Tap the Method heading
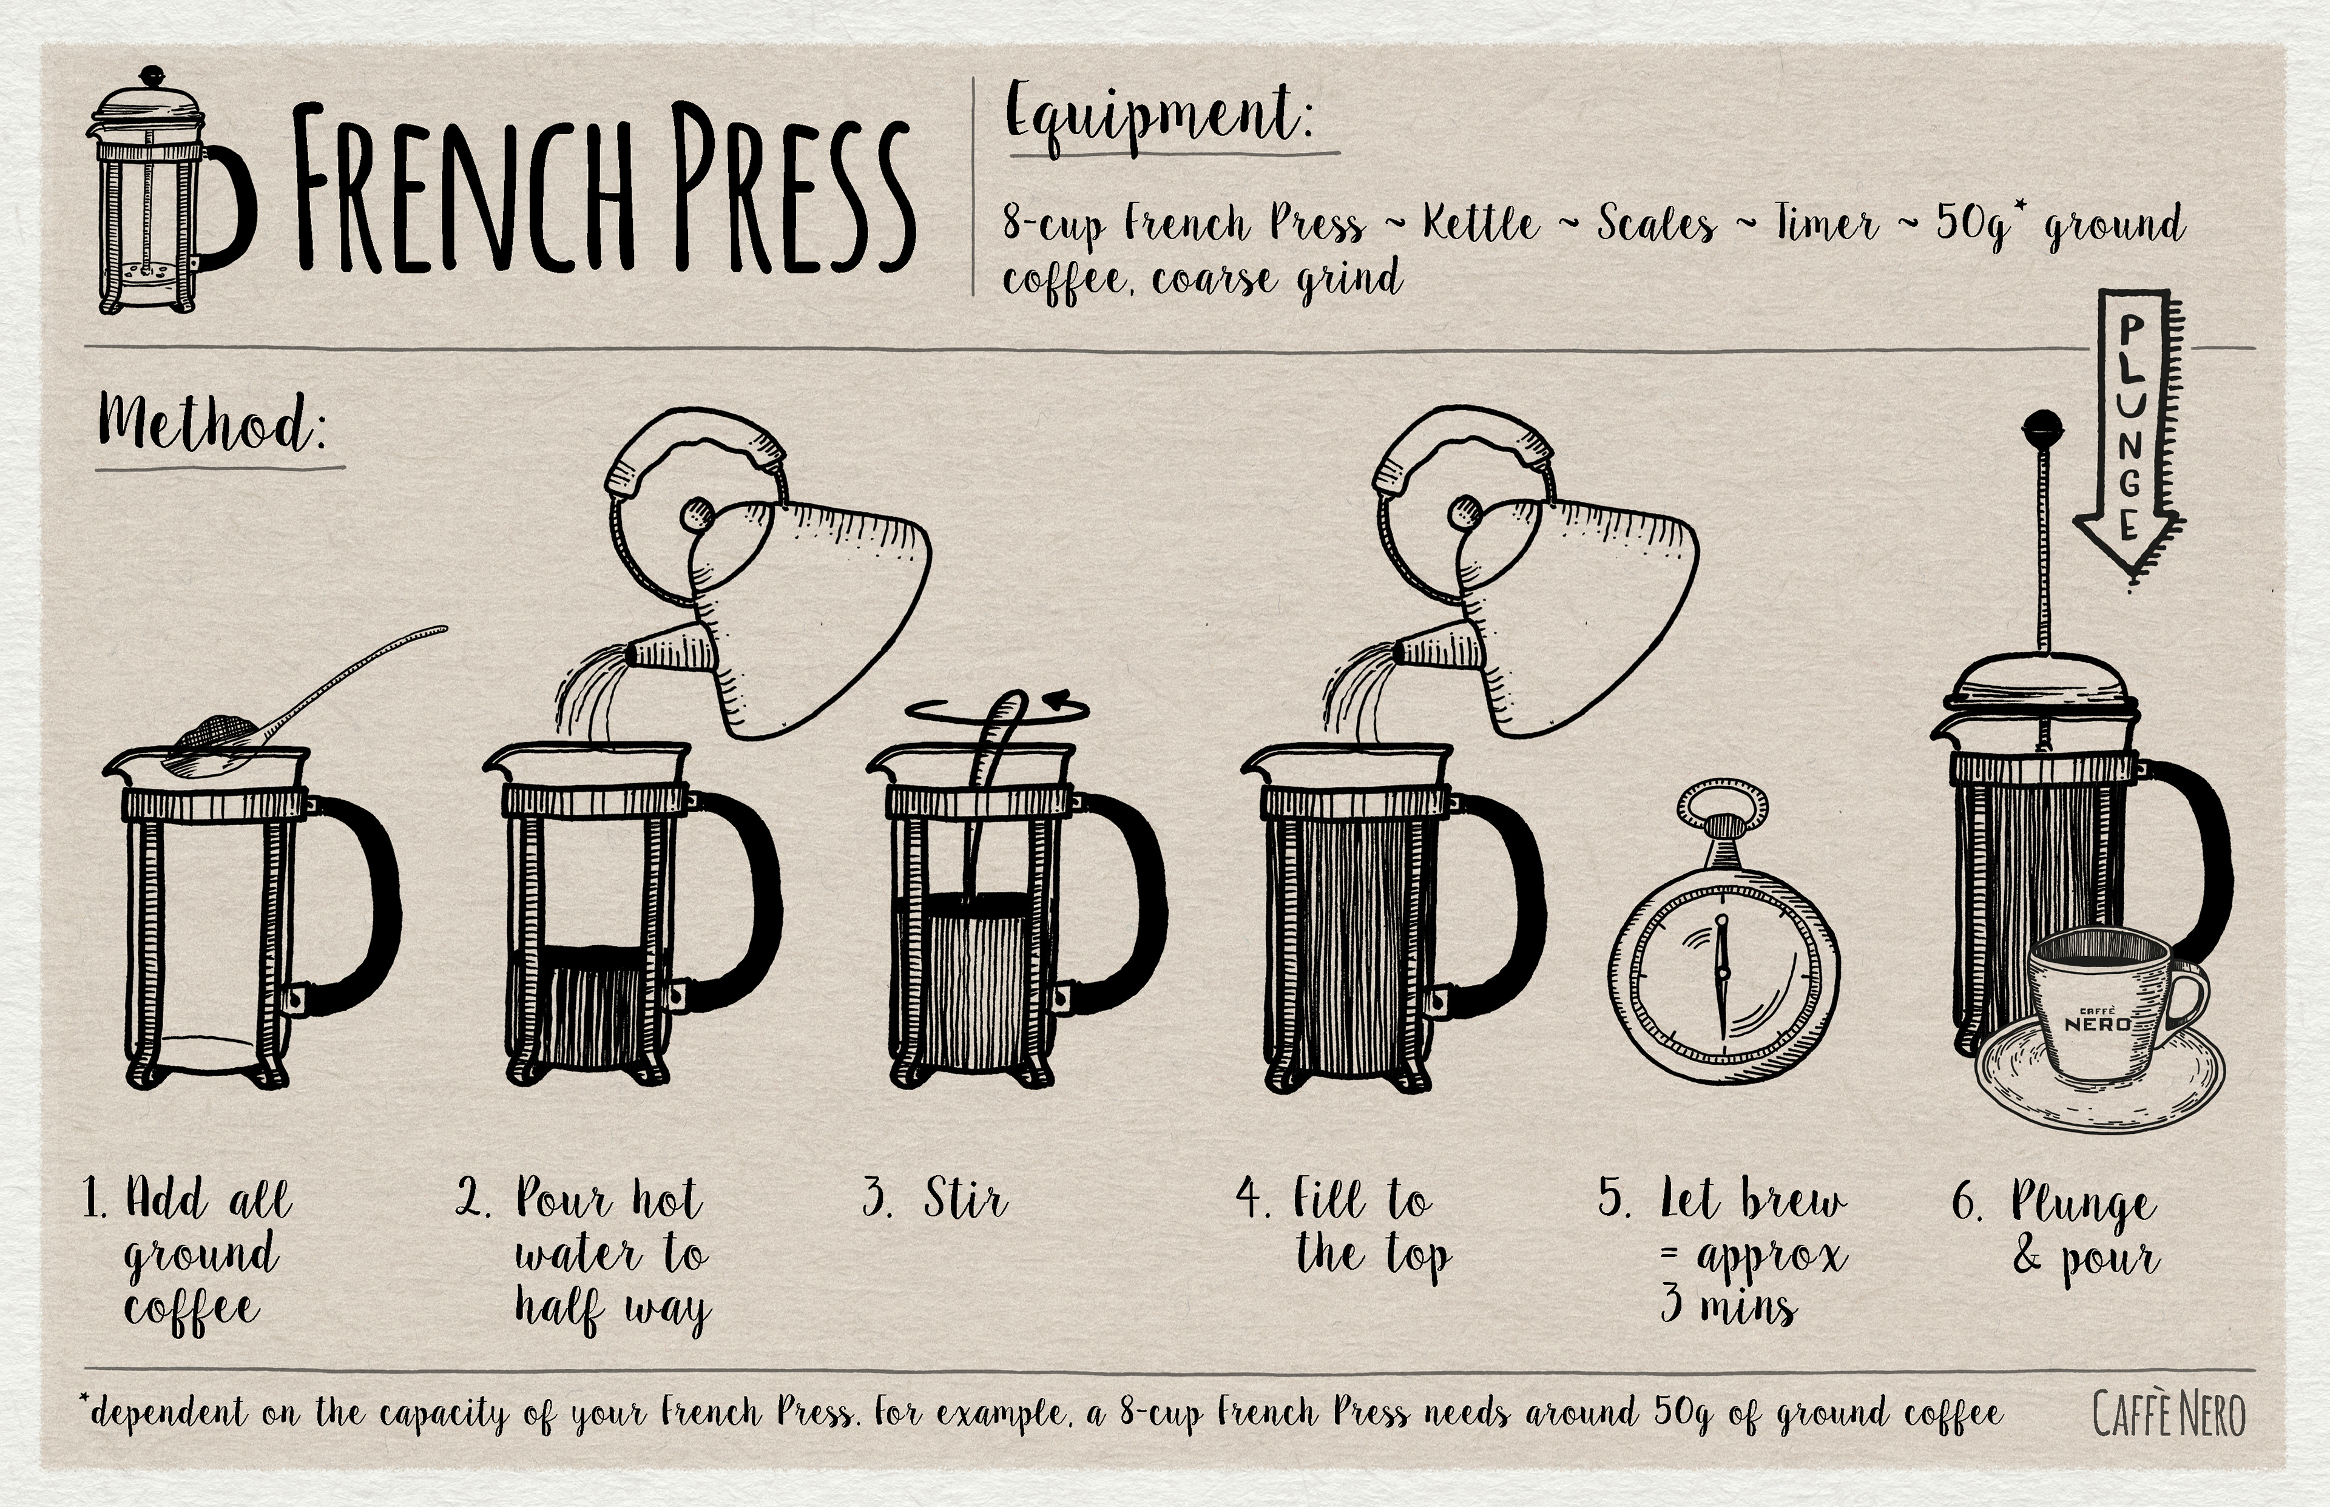click(x=211, y=426)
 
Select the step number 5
click(x=1615, y=1200)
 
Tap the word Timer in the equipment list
click(x=1827, y=223)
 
